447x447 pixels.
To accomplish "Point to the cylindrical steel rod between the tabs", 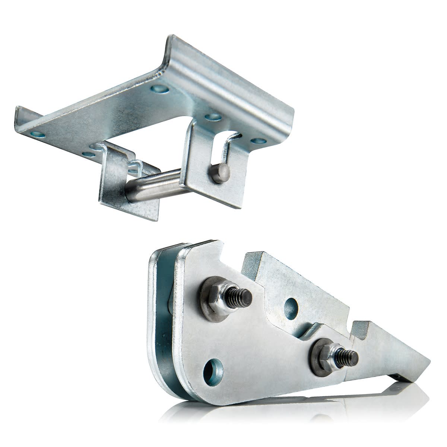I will [153, 183].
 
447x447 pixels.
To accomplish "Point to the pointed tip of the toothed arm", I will [425, 363].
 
